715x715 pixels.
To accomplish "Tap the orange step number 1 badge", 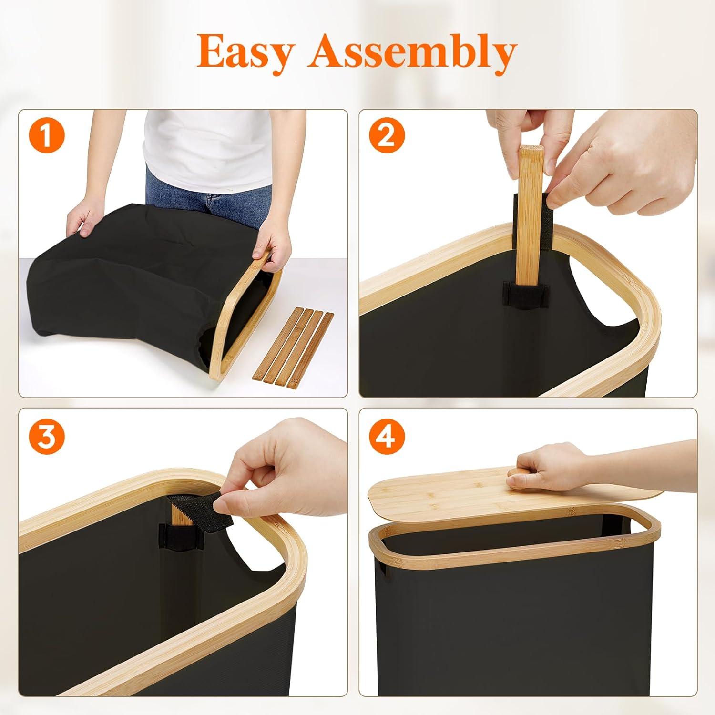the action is point(46,136).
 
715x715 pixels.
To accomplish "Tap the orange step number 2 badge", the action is point(386,136).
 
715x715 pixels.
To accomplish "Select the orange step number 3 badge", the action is point(46,437).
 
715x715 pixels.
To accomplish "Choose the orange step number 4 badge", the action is point(386,437).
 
